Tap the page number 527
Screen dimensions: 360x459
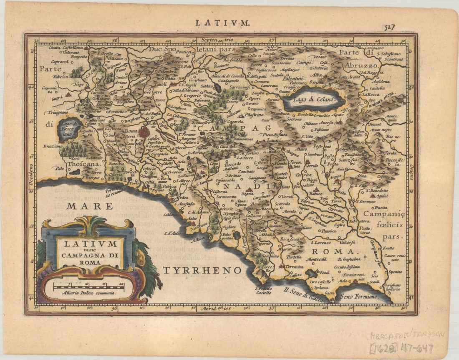(x=390, y=27)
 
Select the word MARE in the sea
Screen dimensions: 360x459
(x=90, y=206)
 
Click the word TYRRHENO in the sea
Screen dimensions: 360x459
(x=202, y=270)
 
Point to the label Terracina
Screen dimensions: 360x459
(x=295, y=266)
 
